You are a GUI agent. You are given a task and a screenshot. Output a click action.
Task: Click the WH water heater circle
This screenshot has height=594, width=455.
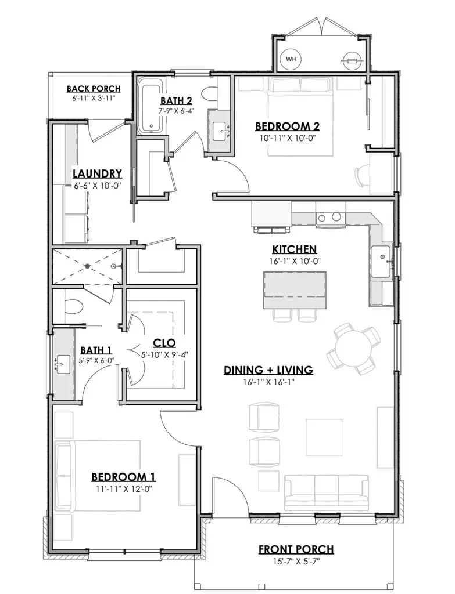click(x=291, y=59)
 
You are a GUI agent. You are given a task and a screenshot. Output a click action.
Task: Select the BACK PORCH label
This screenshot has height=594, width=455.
click(x=93, y=89)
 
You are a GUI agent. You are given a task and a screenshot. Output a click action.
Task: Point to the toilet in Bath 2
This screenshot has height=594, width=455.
click(x=212, y=93)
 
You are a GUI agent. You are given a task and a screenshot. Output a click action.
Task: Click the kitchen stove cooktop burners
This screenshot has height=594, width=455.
click(x=328, y=218)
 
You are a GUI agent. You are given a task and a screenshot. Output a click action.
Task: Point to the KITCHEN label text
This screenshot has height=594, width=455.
click(x=294, y=249)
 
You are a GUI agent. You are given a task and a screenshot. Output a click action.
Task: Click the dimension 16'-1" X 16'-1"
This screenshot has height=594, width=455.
click(x=268, y=382)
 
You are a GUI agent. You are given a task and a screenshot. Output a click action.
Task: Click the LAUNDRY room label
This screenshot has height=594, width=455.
click(x=97, y=173)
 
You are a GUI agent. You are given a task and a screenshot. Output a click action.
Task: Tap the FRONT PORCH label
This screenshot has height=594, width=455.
click(x=296, y=549)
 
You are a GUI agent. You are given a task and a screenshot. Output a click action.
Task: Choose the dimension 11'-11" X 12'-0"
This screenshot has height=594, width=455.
click(x=123, y=488)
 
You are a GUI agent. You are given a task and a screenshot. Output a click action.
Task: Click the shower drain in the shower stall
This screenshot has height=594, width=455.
click(x=88, y=266)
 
